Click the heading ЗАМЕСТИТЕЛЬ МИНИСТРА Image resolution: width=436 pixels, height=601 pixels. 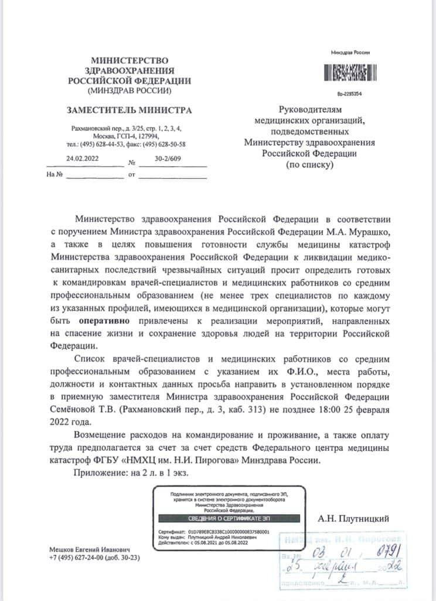[129, 110]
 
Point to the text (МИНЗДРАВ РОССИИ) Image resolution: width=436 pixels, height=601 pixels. [129, 91]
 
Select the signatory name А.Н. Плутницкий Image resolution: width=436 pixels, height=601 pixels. [353, 518]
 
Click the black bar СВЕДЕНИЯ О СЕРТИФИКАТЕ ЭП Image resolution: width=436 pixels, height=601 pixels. [228, 518]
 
